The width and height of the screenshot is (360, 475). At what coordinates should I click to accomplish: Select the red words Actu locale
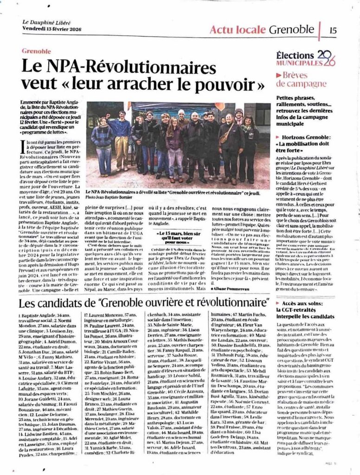tap(237, 30)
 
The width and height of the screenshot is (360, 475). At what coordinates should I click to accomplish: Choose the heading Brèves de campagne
tap(301, 79)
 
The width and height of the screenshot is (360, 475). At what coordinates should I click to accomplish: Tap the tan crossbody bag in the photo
tap(224, 136)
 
